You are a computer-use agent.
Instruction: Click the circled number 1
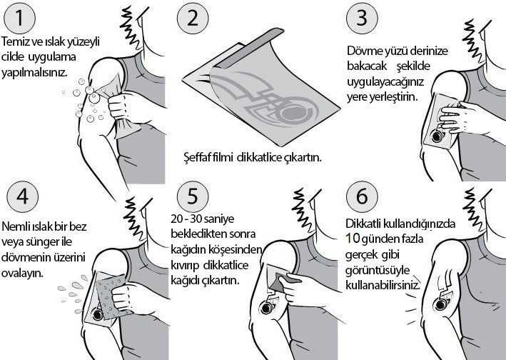(19, 18)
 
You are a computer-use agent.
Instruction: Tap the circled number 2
(193, 18)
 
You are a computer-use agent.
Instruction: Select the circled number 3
(362, 18)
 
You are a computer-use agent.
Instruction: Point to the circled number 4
(22, 196)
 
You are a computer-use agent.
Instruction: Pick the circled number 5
(193, 196)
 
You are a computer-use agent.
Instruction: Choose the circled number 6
(362, 196)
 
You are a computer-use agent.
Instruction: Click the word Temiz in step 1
(15, 42)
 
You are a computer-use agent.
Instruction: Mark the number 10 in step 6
(353, 239)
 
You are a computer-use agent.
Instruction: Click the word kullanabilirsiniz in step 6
(383, 285)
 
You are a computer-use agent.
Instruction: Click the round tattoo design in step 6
(441, 304)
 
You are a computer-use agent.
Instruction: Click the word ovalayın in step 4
(22, 274)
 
